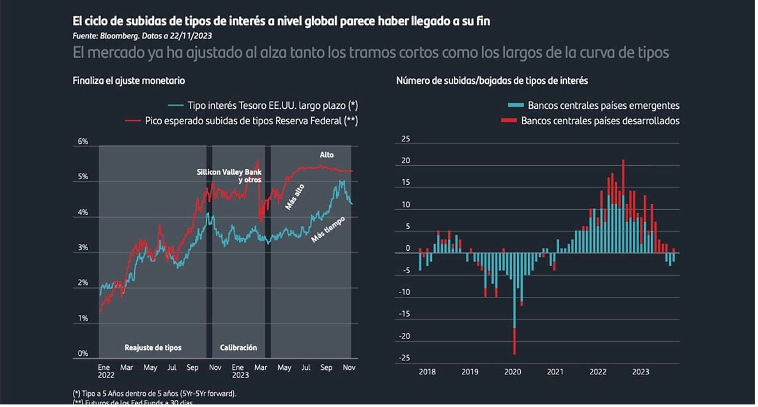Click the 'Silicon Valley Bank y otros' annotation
[229, 176]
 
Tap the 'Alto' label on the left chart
[327, 155]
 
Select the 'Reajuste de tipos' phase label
[153, 348]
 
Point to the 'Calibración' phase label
[238, 348]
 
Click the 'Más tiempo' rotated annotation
[328, 229]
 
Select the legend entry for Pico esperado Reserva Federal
[242, 120]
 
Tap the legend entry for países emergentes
[594, 106]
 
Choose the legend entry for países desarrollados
[591, 120]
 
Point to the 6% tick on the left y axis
[83, 142]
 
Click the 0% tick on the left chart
[83, 353]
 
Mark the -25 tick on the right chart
[404, 358]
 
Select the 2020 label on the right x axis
[513, 372]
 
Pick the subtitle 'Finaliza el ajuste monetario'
[128, 81]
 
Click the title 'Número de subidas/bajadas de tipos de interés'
[492, 81]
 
